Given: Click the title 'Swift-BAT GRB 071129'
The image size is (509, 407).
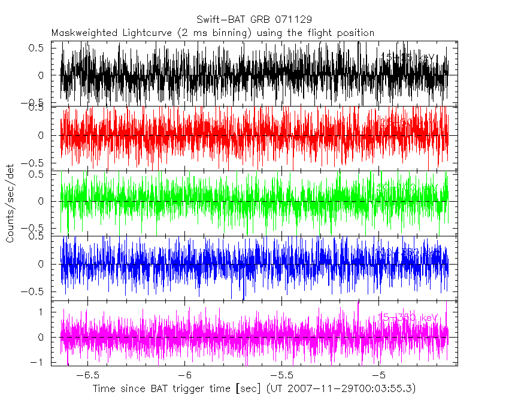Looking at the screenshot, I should [x=254, y=20].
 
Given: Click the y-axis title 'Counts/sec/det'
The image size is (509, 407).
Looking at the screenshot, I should [x=10, y=204].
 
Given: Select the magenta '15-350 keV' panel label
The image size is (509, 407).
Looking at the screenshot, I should [x=408, y=317].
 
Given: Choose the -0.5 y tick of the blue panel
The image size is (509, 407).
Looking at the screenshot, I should [x=35, y=291].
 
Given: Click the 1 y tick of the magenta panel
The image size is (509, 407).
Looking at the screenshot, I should [x=42, y=312].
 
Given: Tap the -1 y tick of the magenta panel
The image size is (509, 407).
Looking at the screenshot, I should [x=39, y=362].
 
